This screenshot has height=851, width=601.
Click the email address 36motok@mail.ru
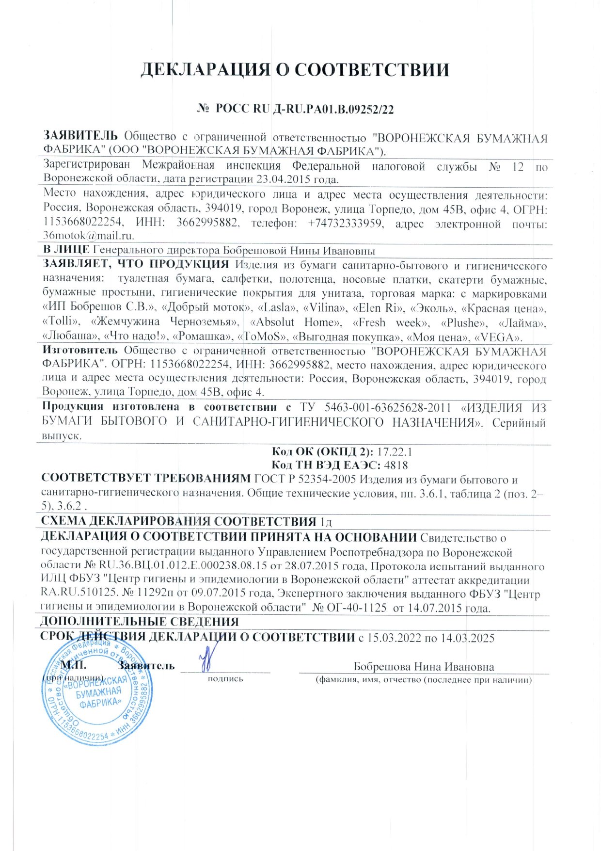point(89,236)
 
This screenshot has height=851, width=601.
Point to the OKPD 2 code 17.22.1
point(395,452)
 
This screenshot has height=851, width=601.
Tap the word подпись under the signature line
point(225,679)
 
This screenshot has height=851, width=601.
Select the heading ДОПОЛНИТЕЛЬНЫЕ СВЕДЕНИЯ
point(140,622)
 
